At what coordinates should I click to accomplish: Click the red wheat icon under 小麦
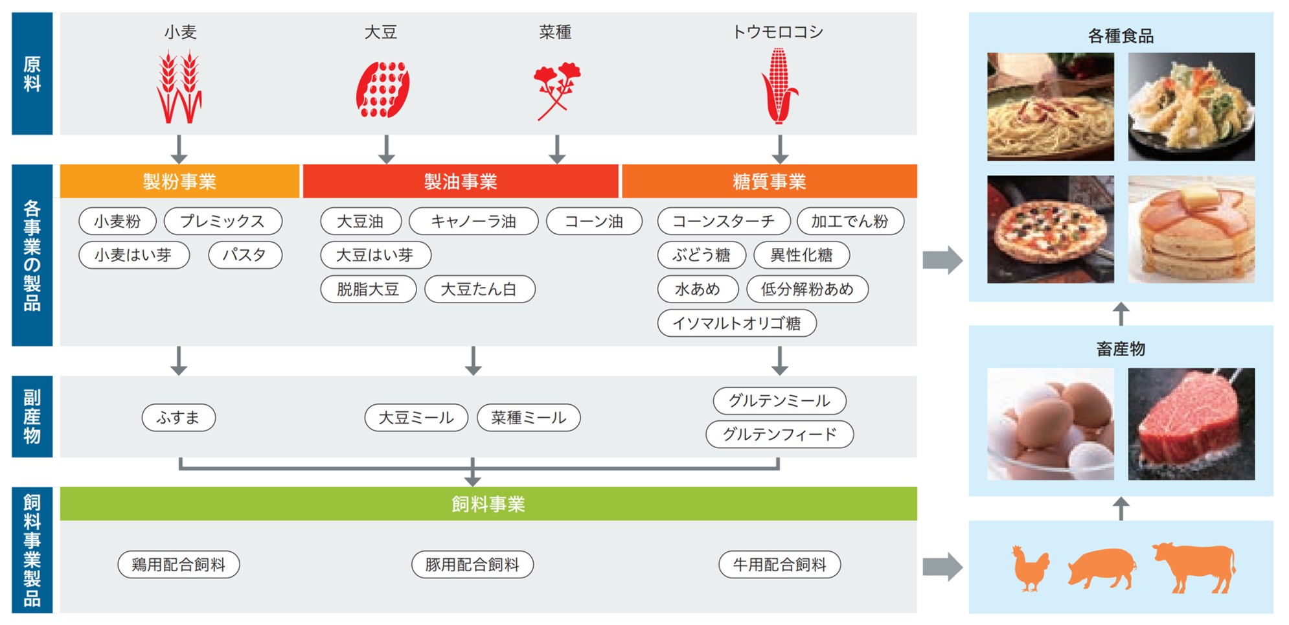click(x=179, y=87)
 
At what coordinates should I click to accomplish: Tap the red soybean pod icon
click(x=382, y=89)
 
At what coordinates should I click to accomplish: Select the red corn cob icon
click(x=779, y=85)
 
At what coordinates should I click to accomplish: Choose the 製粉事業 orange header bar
click(x=179, y=181)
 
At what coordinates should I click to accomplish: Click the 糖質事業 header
click(x=769, y=181)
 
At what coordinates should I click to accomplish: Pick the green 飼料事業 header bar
click(x=488, y=504)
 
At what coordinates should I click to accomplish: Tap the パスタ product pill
click(x=245, y=255)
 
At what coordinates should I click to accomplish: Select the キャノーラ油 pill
click(x=473, y=222)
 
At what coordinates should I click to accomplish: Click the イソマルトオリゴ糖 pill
click(x=736, y=323)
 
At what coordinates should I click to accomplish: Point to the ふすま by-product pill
click(x=178, y=418)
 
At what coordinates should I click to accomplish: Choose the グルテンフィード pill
click(x=779, y=434)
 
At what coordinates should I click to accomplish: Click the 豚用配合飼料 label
click(x=472, y=565)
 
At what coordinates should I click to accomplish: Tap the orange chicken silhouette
click(x=1031, y=568)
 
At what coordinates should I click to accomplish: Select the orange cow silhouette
click(x=1194, y=567)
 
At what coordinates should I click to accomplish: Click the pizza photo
click(x=1050, y=229)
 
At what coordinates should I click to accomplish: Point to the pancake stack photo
click(x=1191, y=229)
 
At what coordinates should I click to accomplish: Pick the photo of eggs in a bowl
click(x=1050, y=424)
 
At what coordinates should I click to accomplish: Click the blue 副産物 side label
click(x=32, y=416)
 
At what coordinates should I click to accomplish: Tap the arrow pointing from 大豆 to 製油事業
click(x=386, y=149)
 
